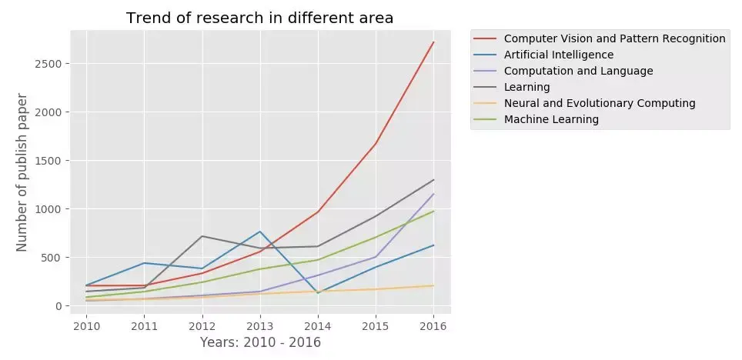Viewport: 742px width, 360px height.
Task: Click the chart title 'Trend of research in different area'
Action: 259,18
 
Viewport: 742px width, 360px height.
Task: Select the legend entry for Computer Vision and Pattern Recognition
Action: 614,38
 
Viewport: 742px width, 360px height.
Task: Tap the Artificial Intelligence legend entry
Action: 558,55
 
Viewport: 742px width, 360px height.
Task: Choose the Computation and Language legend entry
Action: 578,71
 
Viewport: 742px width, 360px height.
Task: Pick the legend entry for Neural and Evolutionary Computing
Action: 599,103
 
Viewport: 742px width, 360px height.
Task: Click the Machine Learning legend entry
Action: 550,119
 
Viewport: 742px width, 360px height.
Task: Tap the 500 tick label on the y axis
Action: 52,258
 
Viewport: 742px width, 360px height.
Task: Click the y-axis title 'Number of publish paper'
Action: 22,172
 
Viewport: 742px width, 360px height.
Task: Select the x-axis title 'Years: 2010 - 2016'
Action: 260,342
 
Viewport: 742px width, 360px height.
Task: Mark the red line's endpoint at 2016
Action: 433,42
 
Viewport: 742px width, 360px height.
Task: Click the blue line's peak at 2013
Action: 259,232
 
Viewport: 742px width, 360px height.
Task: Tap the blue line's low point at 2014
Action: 318,293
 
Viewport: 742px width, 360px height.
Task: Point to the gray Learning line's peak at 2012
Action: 202,236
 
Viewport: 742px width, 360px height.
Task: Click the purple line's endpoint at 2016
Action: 433,194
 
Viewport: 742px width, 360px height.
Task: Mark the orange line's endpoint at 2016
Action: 433,285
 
